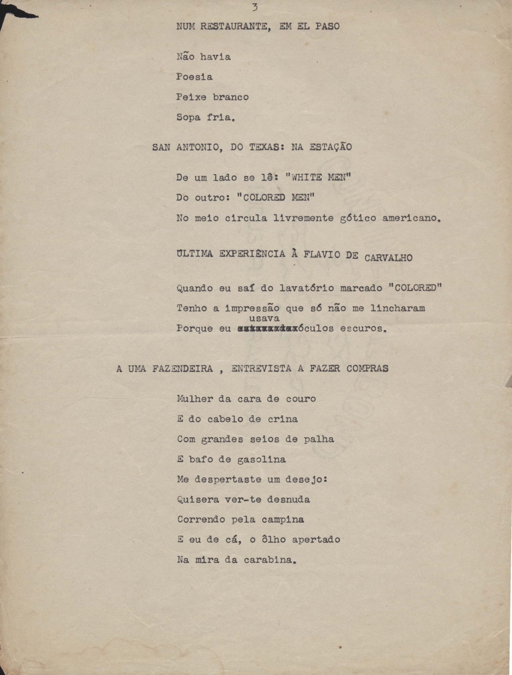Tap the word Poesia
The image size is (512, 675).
click(194, 77)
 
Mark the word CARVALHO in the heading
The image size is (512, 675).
click(388, 258)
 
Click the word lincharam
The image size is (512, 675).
click(398, 308)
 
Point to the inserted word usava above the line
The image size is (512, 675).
click(265, 318)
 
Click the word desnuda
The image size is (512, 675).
click(288, 499)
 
